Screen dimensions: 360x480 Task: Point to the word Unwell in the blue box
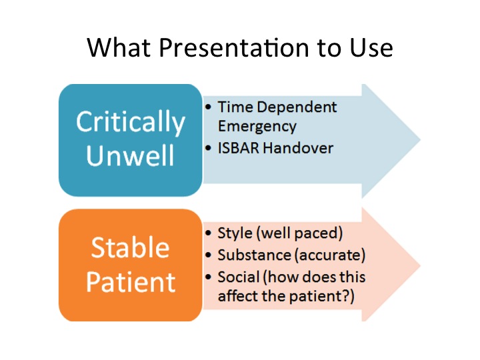(x=130, y=155)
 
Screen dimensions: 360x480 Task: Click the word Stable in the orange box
(x=130, y=247)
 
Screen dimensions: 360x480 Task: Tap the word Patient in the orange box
(x=130, y=281)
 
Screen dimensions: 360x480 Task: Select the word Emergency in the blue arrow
(x=257, y=125)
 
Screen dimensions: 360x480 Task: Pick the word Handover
(x=299, y=148)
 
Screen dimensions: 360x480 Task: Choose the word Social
(x=237, y=277)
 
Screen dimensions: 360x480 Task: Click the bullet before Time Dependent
(x=209, y=107)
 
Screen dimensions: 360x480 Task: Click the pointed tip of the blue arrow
(x=419, y=141)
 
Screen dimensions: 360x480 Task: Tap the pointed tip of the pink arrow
(x=419, y=265)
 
